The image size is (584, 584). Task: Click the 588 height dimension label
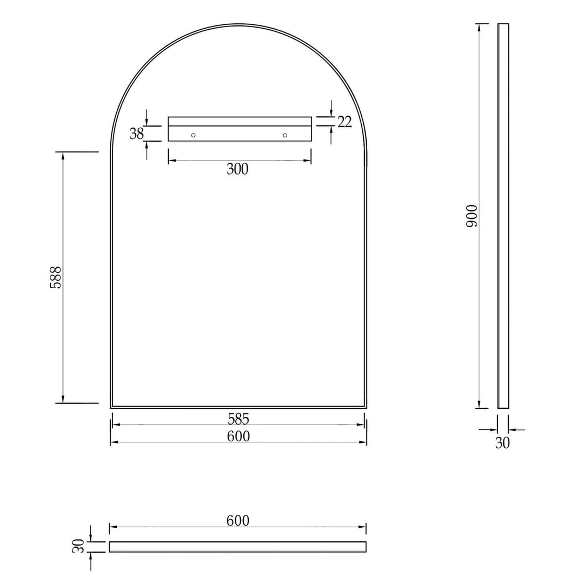(56, 277)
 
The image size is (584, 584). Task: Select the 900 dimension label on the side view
(472, 216)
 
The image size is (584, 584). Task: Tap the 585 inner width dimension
(238, 419)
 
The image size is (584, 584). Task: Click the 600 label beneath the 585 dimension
(238, 436)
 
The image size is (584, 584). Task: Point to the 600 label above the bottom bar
(238, 520)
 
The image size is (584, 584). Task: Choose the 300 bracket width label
(237, 169)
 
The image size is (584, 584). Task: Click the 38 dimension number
(137, 134)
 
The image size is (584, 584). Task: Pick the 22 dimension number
(344, 122)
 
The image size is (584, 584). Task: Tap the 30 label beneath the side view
(502, 443)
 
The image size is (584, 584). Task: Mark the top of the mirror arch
(238, 25)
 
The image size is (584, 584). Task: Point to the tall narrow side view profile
(503, 216)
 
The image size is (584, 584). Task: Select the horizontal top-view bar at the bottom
(237, 547)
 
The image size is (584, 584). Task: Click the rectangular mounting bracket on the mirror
(240, 129)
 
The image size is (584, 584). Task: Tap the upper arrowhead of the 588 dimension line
(63, 156)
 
